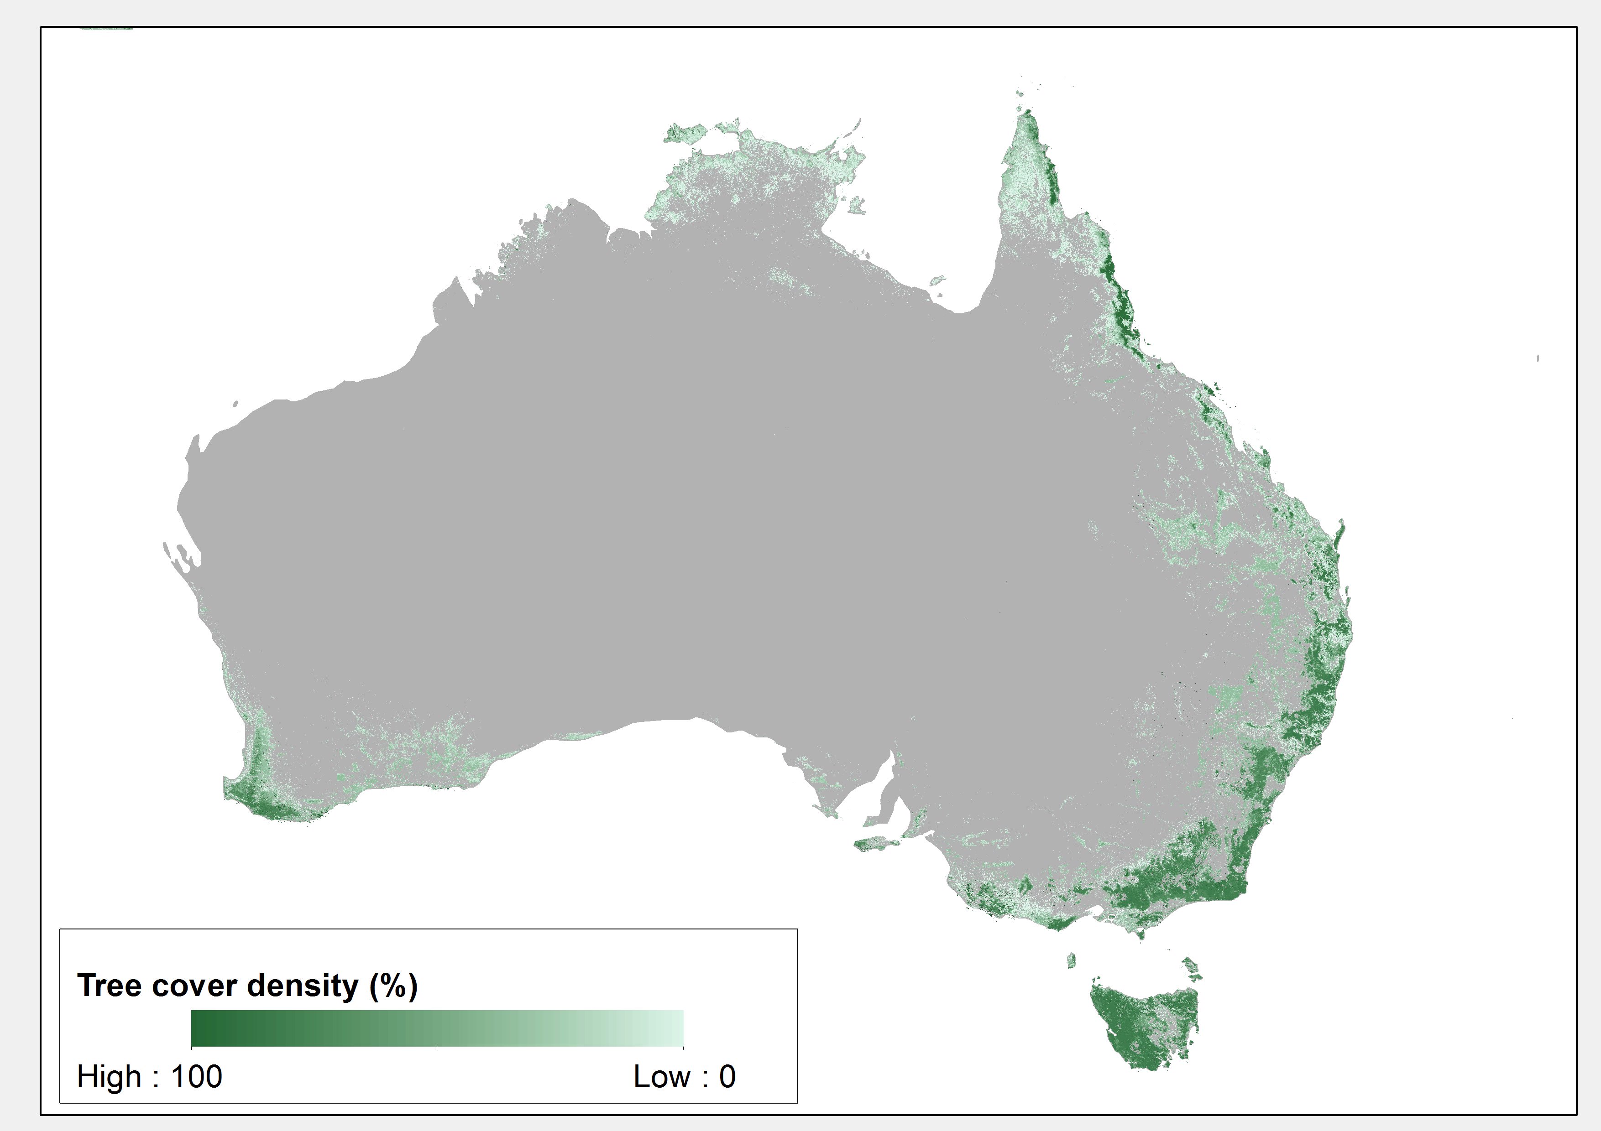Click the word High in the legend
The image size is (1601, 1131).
pyautogui.click(x=108, y=1077)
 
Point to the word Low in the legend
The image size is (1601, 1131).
pyautogui.click(x=660, y=1077)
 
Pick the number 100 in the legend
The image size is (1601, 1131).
pyautogui.click(x=197, y=1077)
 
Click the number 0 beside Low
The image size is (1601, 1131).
pyautogui.click(x=727, y=1077)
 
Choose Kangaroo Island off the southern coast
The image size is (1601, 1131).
pyautogui.click(x=880, y=845)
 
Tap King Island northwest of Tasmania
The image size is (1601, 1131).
pyautogui.click(x=1071, y=960)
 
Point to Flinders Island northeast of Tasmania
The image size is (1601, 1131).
pyautogui.click(x=1192, y=967)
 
